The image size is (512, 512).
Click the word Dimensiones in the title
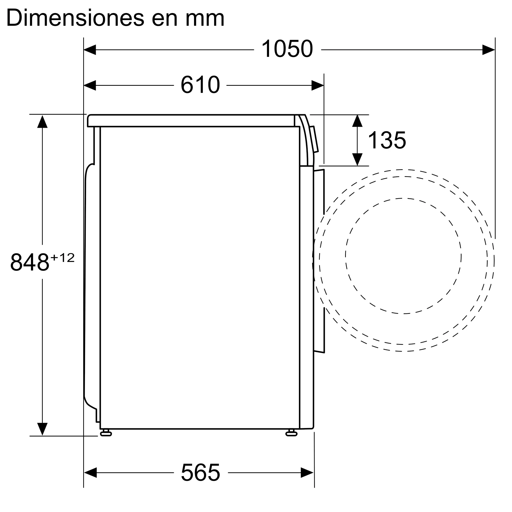point(75,18)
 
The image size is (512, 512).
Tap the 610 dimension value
point(200,84)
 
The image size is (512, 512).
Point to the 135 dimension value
point(387,140)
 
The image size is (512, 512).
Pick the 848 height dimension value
point(30,262)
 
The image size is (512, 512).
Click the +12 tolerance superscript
point(62,258)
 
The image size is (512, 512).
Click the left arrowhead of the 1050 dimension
point(90,50)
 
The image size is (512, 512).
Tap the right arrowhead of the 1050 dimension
point(488,50)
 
